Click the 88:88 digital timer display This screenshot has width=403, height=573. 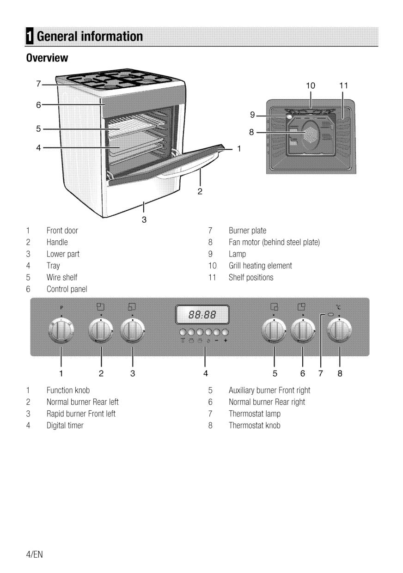[202, 314]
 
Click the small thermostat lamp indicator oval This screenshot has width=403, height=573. [330, 314]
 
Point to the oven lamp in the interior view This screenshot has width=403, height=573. [289, 116]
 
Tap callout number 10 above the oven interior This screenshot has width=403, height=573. [311, 85]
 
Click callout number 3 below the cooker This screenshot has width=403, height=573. [144, 219]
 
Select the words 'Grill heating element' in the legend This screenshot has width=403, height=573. [260, 266]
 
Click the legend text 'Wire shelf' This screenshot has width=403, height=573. [61, 277]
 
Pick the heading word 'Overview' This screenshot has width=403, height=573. [47, 58]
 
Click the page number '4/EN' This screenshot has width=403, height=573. [34, 555]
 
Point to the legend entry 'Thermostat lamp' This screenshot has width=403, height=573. [255, 414]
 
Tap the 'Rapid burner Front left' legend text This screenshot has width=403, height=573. [81, 414]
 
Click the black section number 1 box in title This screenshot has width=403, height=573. [30, 37]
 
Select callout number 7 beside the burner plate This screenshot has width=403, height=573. [38, 84]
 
